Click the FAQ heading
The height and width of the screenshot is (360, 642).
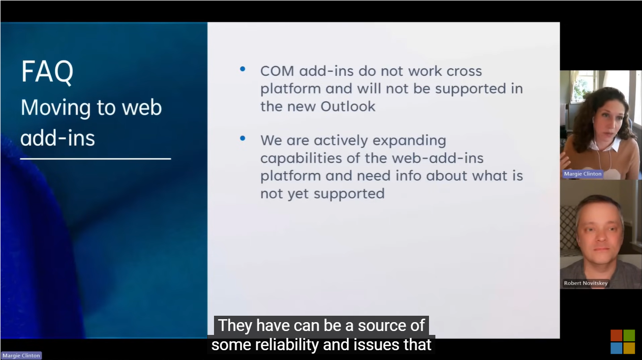(47, 72)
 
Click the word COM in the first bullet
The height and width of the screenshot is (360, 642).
(277, 71)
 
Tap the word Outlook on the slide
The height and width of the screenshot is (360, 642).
(348, 106)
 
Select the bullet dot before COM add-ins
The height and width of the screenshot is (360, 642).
(243, 69)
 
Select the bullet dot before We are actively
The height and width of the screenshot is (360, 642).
(243, 138)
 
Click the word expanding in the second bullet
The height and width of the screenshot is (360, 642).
(409, 141)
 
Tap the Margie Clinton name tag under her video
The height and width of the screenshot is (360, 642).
(582, 174)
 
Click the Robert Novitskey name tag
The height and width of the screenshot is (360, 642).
(585, 283)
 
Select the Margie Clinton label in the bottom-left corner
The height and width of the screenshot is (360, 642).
(21, 356)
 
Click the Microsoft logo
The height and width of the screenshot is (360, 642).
(623, 342)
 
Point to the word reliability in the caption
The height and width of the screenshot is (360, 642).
(287, 345)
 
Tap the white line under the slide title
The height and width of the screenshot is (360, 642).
(96, 158)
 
